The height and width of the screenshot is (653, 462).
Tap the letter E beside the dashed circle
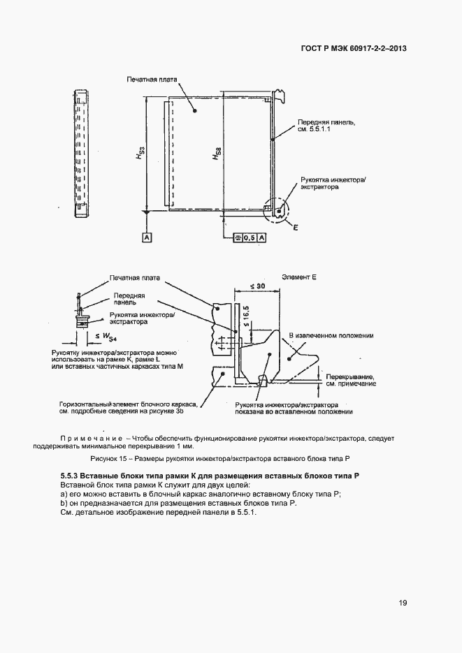click(296, 228)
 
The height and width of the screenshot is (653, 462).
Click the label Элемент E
click(299, 277)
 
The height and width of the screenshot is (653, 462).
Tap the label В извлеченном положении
click(331, 336)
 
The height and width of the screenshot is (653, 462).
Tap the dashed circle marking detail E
click(277, 210)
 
